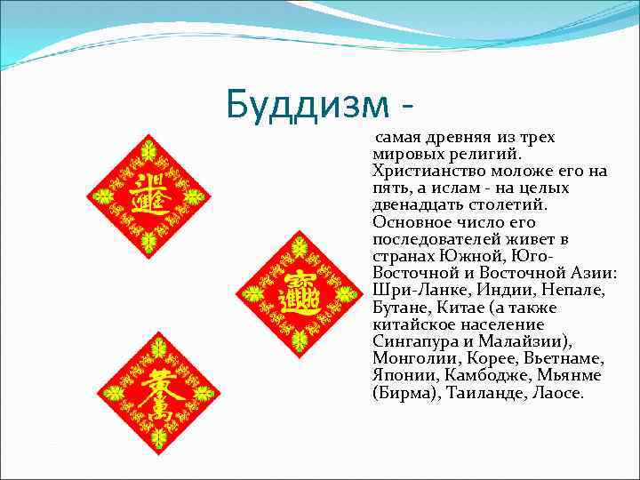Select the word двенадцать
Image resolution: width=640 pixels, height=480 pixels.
pos(418,205)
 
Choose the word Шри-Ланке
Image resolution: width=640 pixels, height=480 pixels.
pos(414,290)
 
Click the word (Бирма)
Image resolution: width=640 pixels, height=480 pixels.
pos(404,391)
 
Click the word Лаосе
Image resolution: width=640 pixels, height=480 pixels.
pos(556,391)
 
